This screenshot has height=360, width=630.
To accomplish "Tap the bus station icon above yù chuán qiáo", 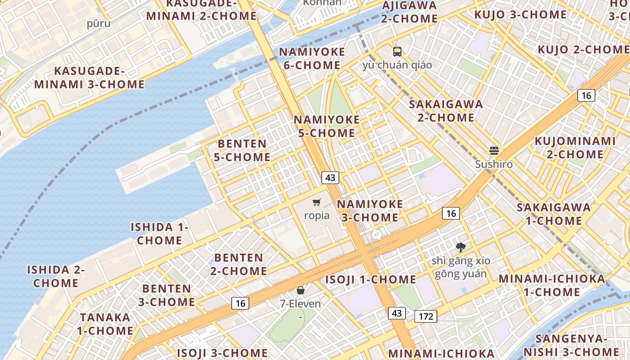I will click(x=397, y=52).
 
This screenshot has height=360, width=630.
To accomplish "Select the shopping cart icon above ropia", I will click(x=317, y=202).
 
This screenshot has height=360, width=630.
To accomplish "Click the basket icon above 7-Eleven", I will click(x=300, y=290).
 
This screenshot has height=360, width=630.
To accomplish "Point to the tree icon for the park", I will click(x=460, y=247).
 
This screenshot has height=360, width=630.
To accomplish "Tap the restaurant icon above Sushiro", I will click(x=494, y=151).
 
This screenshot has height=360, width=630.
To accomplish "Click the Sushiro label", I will click(x=494, y=164).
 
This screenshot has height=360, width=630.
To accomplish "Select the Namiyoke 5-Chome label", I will click(x=327, y=126).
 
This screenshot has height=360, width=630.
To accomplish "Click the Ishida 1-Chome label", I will click(x=160, y=234).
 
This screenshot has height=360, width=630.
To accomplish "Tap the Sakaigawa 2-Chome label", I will click(x=445, y=111).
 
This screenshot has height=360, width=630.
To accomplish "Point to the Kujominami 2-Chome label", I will click(x=575, y=148).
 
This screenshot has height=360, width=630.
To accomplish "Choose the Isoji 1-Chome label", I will click(x=371, y=279).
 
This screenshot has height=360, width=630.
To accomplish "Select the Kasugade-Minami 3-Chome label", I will click(x=90, y=77).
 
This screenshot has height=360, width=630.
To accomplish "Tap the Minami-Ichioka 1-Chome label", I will click(x=552, y=285).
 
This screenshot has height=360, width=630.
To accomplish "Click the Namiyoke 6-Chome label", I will click(x=312, y=58).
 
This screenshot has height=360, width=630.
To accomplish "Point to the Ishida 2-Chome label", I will click(x=56, y=276).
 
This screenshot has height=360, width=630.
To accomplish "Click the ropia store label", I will click(x=317, y=216).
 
